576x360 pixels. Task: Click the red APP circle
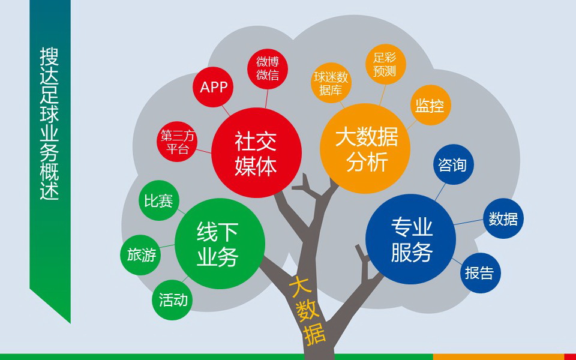tap(214, 88)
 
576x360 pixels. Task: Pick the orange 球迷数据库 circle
tap(330, 84)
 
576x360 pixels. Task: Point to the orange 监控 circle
tap(430, 106)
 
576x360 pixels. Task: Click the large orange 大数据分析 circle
tap(366, 149)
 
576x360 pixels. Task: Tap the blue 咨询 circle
tap(453, 164)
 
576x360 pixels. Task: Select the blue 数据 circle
tap(503, 218)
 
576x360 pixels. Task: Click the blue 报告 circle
tap(479, 273)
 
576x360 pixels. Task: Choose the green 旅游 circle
tap(141, 255)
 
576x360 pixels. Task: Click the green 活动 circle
tap(173, 299)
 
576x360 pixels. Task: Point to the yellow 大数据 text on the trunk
tap(307, 308)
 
